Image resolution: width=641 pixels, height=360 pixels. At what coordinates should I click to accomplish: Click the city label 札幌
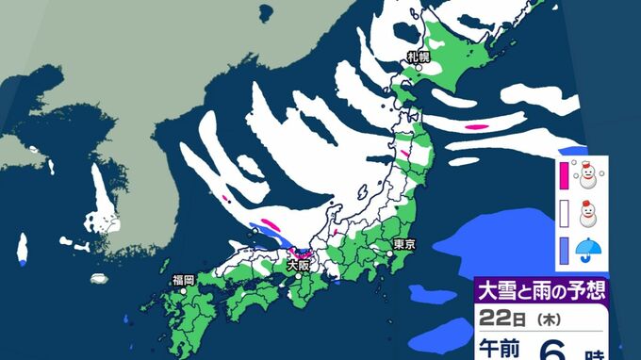click(x=419, y=57)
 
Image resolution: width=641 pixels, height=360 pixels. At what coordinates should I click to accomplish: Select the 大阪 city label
click(x=298, y=267)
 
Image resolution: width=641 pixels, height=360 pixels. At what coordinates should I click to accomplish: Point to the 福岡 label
click(x=183, y=279)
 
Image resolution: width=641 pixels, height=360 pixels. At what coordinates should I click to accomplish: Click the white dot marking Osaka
click(x=298, y=275)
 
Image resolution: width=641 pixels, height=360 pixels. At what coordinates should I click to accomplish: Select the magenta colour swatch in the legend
click(x=564, y=176)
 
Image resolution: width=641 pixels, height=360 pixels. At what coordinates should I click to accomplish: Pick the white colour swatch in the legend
click(x=564, y=214)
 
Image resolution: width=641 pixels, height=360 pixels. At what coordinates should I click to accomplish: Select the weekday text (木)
click(x=548, y=319)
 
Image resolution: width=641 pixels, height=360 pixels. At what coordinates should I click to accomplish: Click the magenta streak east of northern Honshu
click(x=477, y=126)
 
